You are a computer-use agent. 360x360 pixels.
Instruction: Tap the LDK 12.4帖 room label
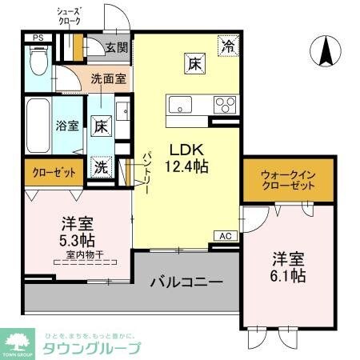click(188, 158)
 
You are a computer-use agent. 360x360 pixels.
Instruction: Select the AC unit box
click(226, 236)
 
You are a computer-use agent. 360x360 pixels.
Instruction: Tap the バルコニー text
click(186, 282)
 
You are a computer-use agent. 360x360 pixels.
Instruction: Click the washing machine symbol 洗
click(100, 168)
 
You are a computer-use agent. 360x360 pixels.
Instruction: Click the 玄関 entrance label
click(116, 47)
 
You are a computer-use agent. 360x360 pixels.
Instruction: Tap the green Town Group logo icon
click(18, 342)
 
